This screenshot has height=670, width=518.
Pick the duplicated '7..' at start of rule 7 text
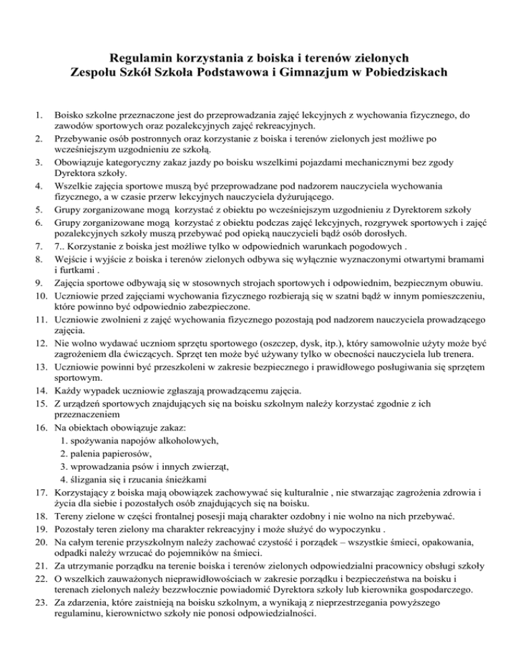(59, 246)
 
